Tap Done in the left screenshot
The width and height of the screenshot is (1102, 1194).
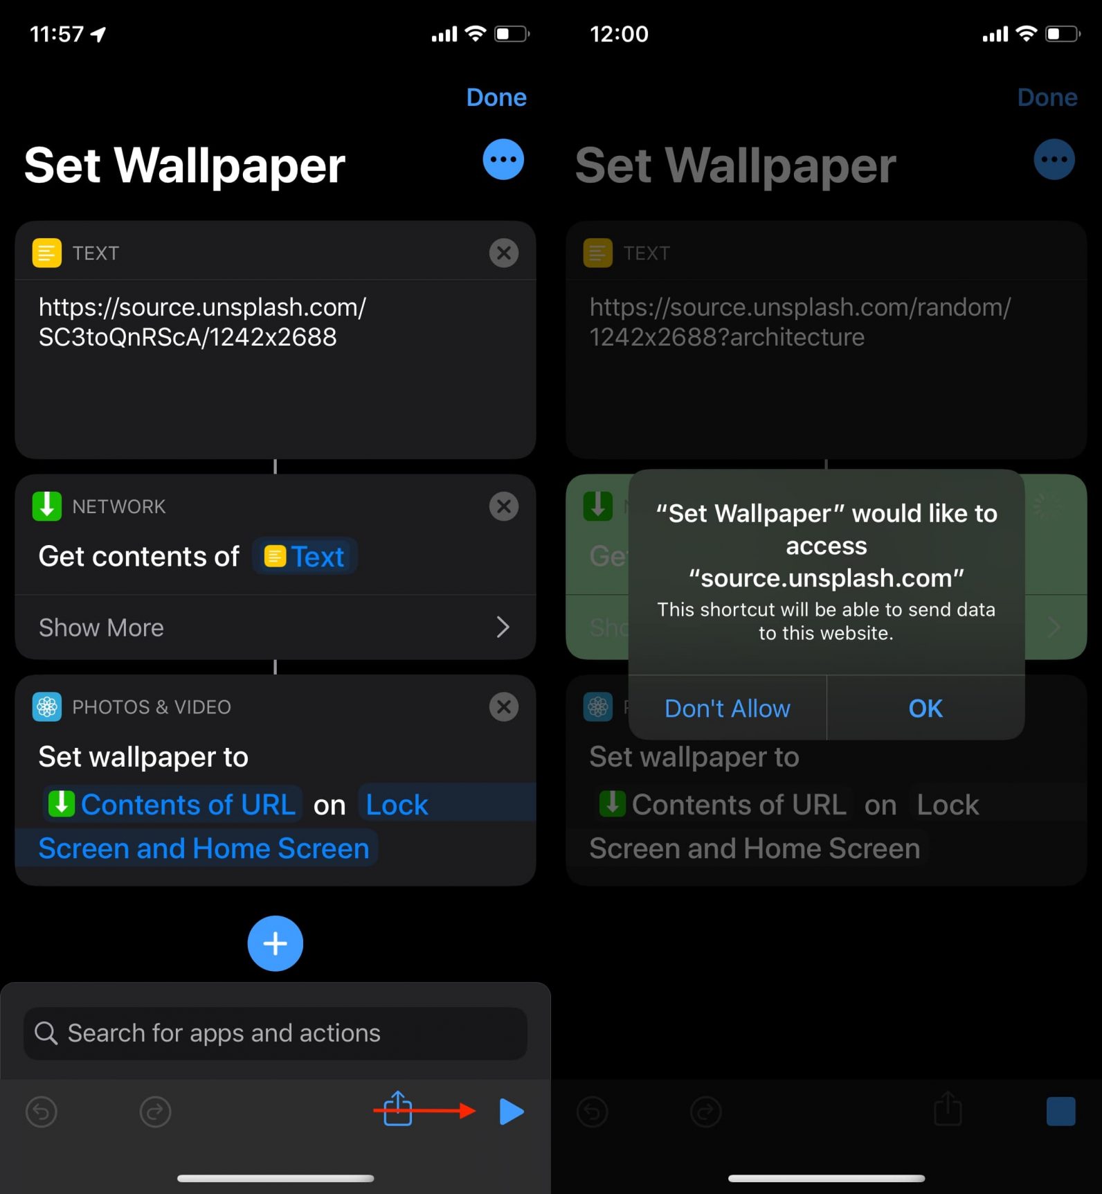tap(496, 98)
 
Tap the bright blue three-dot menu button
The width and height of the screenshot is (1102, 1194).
tap(503, 160)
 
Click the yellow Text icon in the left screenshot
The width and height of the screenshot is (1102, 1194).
tap(47, 253)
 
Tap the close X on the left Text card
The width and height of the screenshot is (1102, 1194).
tap(504, 253)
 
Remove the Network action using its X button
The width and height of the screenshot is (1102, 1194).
tap(504, 506)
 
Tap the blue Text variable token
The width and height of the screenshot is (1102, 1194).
tap(305, 557)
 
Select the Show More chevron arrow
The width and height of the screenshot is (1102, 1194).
tap(503, 627)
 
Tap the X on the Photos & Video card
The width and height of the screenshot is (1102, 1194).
tap(504, 707)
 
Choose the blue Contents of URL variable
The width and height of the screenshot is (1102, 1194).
tap(173, 805)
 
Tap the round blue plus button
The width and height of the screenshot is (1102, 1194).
tap(275, 943)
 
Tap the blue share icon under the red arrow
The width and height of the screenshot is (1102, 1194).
tap(398, 1110)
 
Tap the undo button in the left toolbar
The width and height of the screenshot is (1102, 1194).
tap(42, 1112)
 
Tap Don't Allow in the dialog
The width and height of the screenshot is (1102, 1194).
tap(727, 709)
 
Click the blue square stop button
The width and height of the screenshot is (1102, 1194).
tap(1060, 1112)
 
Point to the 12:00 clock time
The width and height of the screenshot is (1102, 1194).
tap(619, 34)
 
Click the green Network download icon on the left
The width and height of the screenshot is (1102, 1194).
tap(47, 506)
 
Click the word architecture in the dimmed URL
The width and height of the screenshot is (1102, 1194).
tap(797, 337)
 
